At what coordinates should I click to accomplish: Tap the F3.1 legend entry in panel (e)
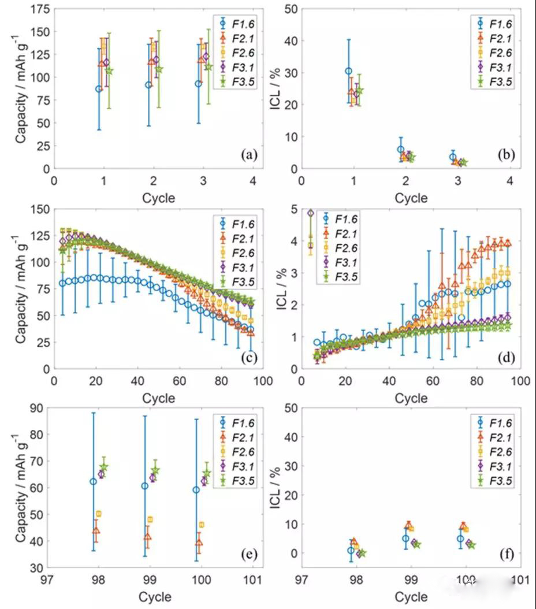tap(236, 466)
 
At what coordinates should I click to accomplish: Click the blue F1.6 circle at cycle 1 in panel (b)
tap(348, 71)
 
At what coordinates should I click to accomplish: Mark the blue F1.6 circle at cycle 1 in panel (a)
tap(99, 89)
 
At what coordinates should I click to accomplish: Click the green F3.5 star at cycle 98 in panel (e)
tap(104, 467)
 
